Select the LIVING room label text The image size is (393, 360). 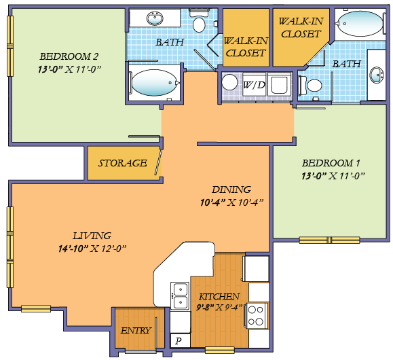[92, 236]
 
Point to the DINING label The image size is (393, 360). [231, 190]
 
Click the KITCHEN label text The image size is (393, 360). [219, 297]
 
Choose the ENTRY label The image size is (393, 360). [136, 330]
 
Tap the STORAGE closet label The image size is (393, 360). [123, 163]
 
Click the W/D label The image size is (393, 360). [254, 86]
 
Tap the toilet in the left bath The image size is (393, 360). [199, 23]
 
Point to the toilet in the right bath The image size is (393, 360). [313, 86]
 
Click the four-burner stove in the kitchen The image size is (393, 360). [257, 315]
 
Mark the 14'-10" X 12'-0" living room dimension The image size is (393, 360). [92, 249]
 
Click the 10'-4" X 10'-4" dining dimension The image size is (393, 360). [231, 202]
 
